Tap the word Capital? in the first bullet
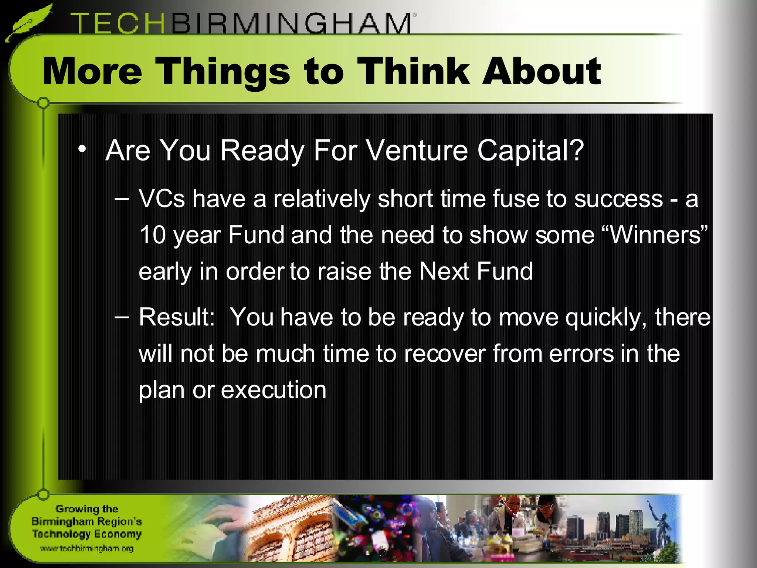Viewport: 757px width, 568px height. click(530, 151)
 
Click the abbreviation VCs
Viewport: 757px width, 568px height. click(162, 199)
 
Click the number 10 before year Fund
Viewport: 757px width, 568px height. click(152, 235)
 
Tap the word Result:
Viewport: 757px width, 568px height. click(177, 317)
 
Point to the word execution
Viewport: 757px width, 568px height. click(274, 390)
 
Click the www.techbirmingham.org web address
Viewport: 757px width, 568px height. click(87, 548)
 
